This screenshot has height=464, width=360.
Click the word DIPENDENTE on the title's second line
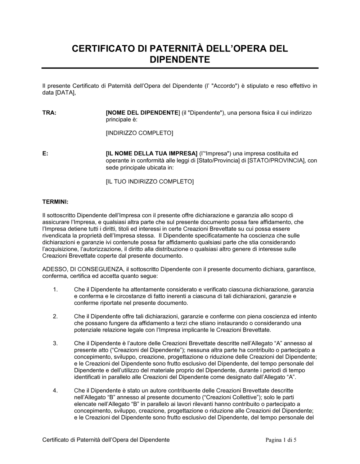click(180, 60)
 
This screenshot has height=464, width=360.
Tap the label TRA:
click(49, 113)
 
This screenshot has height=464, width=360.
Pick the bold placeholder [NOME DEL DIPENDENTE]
click(143, 113)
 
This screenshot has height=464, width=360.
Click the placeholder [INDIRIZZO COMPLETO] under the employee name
click(139, 133)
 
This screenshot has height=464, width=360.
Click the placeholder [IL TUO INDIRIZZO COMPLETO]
click(149, 181)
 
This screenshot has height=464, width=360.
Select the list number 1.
click(55, 290)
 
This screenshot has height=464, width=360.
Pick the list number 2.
click(55, 317)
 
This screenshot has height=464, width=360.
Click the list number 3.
click(55, 344)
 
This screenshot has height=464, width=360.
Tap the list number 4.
click(55, 391)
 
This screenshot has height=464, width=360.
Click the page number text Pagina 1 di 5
click(281, 440)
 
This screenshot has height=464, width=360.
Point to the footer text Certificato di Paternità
click(72, 440)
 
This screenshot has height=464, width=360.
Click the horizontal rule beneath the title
click(180, 68)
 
